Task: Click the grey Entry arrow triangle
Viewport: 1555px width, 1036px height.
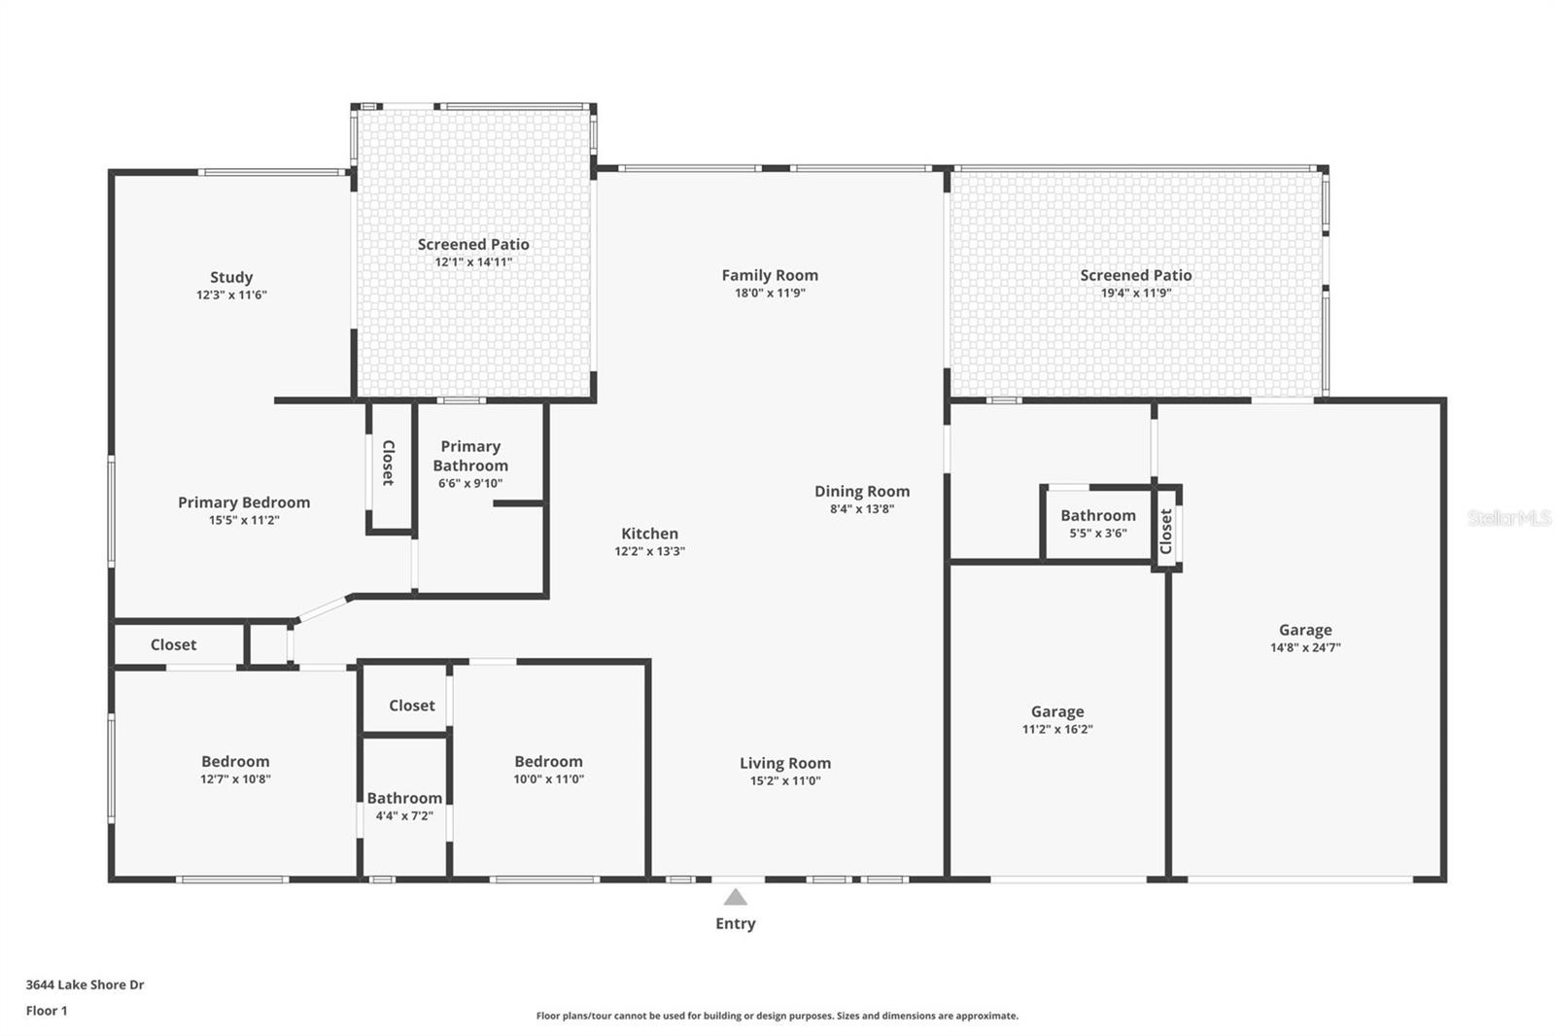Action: pos(735,898)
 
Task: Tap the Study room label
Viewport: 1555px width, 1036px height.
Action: pos(231,277)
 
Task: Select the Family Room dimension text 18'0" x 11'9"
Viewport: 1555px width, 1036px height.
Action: pos(770,294)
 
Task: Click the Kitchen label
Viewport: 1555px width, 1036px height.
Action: pos(649,534)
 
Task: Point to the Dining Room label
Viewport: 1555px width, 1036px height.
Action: pos(861,492)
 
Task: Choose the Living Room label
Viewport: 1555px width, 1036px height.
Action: pos(785,763)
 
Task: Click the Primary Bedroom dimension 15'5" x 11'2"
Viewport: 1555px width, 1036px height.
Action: pos(244,520)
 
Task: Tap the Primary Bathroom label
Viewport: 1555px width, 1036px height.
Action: pos(470,456)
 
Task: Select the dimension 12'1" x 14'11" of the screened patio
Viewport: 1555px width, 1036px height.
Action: pos(473,261)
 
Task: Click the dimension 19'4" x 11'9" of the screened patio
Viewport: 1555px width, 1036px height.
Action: pos(1136,294)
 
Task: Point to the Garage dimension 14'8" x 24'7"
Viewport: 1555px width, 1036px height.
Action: pos(1305,648)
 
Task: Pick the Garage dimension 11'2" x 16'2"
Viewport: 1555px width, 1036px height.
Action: pos(1057,729)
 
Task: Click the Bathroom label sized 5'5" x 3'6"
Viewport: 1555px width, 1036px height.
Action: pos(1097,516)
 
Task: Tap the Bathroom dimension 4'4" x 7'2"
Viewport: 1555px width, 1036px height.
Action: pos(404,816)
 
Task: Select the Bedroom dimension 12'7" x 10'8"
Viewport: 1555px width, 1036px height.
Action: pos(235,779)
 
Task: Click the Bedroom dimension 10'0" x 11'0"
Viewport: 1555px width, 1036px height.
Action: pos(548,779)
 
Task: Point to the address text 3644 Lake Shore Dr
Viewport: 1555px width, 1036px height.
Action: pos(85,984)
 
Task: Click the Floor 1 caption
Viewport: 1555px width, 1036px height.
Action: pos(47,1011)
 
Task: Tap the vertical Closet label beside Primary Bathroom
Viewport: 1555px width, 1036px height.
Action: pos(389,464)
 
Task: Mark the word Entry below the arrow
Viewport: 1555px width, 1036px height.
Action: pos(735,923)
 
